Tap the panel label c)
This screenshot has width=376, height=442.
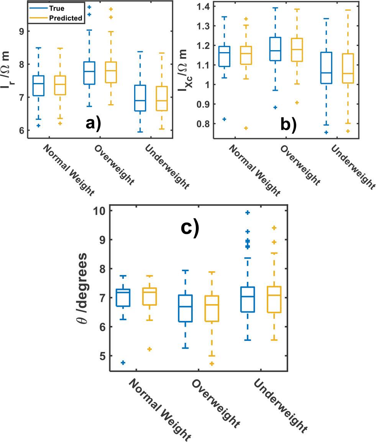pos(190,228)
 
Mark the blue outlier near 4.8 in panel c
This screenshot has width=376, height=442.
pos(123,362)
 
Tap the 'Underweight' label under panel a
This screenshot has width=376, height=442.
pos(167,167)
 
